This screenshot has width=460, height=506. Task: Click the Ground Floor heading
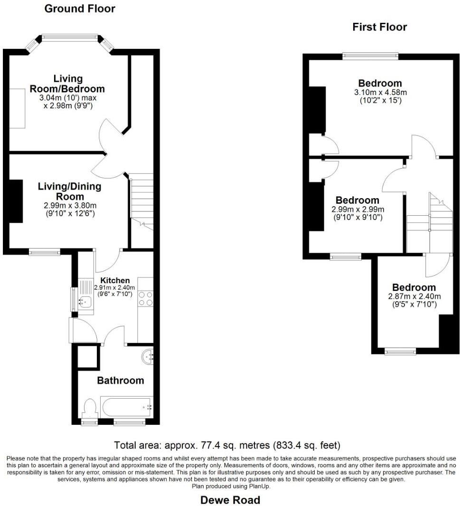[x=79, y=9]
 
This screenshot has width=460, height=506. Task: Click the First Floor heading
[x=379, y=27]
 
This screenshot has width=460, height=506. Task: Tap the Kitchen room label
[x=115, y=281]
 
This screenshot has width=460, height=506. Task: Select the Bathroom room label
[x=120, y=380]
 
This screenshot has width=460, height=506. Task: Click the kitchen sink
[x=85, y=300]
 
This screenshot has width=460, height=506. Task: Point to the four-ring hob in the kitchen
[x=145, y=298]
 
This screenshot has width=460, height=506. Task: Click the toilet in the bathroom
[x=89, y=409]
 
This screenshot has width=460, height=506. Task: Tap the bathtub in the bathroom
[x=126, y=407]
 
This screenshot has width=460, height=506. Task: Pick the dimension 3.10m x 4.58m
[x=380, y=92]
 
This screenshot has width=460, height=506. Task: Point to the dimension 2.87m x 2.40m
[x=414, y=296]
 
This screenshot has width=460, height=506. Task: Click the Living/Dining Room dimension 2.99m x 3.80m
[x=69, y=205]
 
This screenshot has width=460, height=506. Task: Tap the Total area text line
[x=227, y=446]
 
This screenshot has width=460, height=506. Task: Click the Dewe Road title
[x=230, y=500]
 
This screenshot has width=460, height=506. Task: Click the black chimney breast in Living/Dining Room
[x=16, y=201]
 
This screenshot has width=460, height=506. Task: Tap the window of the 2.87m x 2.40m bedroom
[x=400, y=352]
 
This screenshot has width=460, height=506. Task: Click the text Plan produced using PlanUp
[x=230, y=486]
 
